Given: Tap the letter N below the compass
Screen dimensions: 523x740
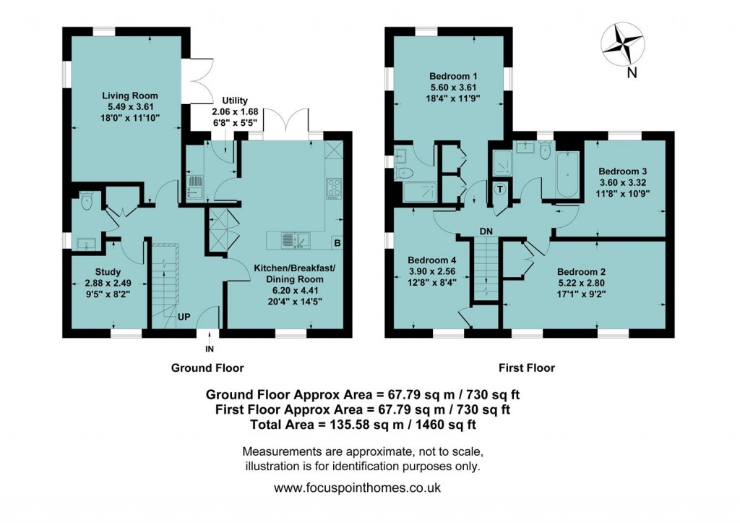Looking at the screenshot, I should (632, 72).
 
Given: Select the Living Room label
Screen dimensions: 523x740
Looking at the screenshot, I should (129, 95).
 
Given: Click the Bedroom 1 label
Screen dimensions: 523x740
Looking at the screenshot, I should (453, 76).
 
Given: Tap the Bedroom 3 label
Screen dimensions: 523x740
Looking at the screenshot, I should (622, 171).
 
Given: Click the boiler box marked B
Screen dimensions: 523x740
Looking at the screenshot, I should (336, 242).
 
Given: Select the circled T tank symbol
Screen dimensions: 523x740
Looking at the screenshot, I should (500, 190).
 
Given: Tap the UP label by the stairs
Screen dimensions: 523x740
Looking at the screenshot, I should (184, 316).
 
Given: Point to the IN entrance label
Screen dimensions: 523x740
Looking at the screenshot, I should (210, 348).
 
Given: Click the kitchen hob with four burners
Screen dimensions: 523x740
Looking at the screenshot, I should (335, 187).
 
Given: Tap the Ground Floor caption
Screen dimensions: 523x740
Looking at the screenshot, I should (207, 367).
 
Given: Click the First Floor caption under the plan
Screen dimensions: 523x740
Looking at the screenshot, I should (526, 367).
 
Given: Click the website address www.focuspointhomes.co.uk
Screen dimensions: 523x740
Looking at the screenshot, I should (357, 488).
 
